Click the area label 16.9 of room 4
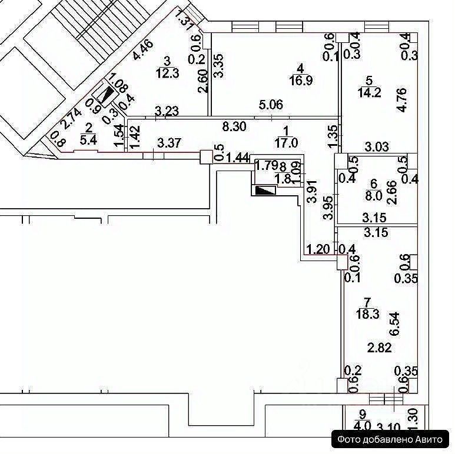coord(301,80)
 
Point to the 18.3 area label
coord(367,314)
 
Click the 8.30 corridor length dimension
coord(234,126)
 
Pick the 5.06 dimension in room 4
coord(272,106)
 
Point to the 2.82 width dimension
coord(380,348)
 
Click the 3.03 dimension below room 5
coord(377,146)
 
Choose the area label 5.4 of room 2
coord(89,139)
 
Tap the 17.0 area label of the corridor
coord(287,142)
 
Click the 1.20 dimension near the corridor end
coord(317,249)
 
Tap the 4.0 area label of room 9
coord(363,425)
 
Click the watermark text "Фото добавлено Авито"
coord(392,438)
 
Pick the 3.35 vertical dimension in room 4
coord(218,65)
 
